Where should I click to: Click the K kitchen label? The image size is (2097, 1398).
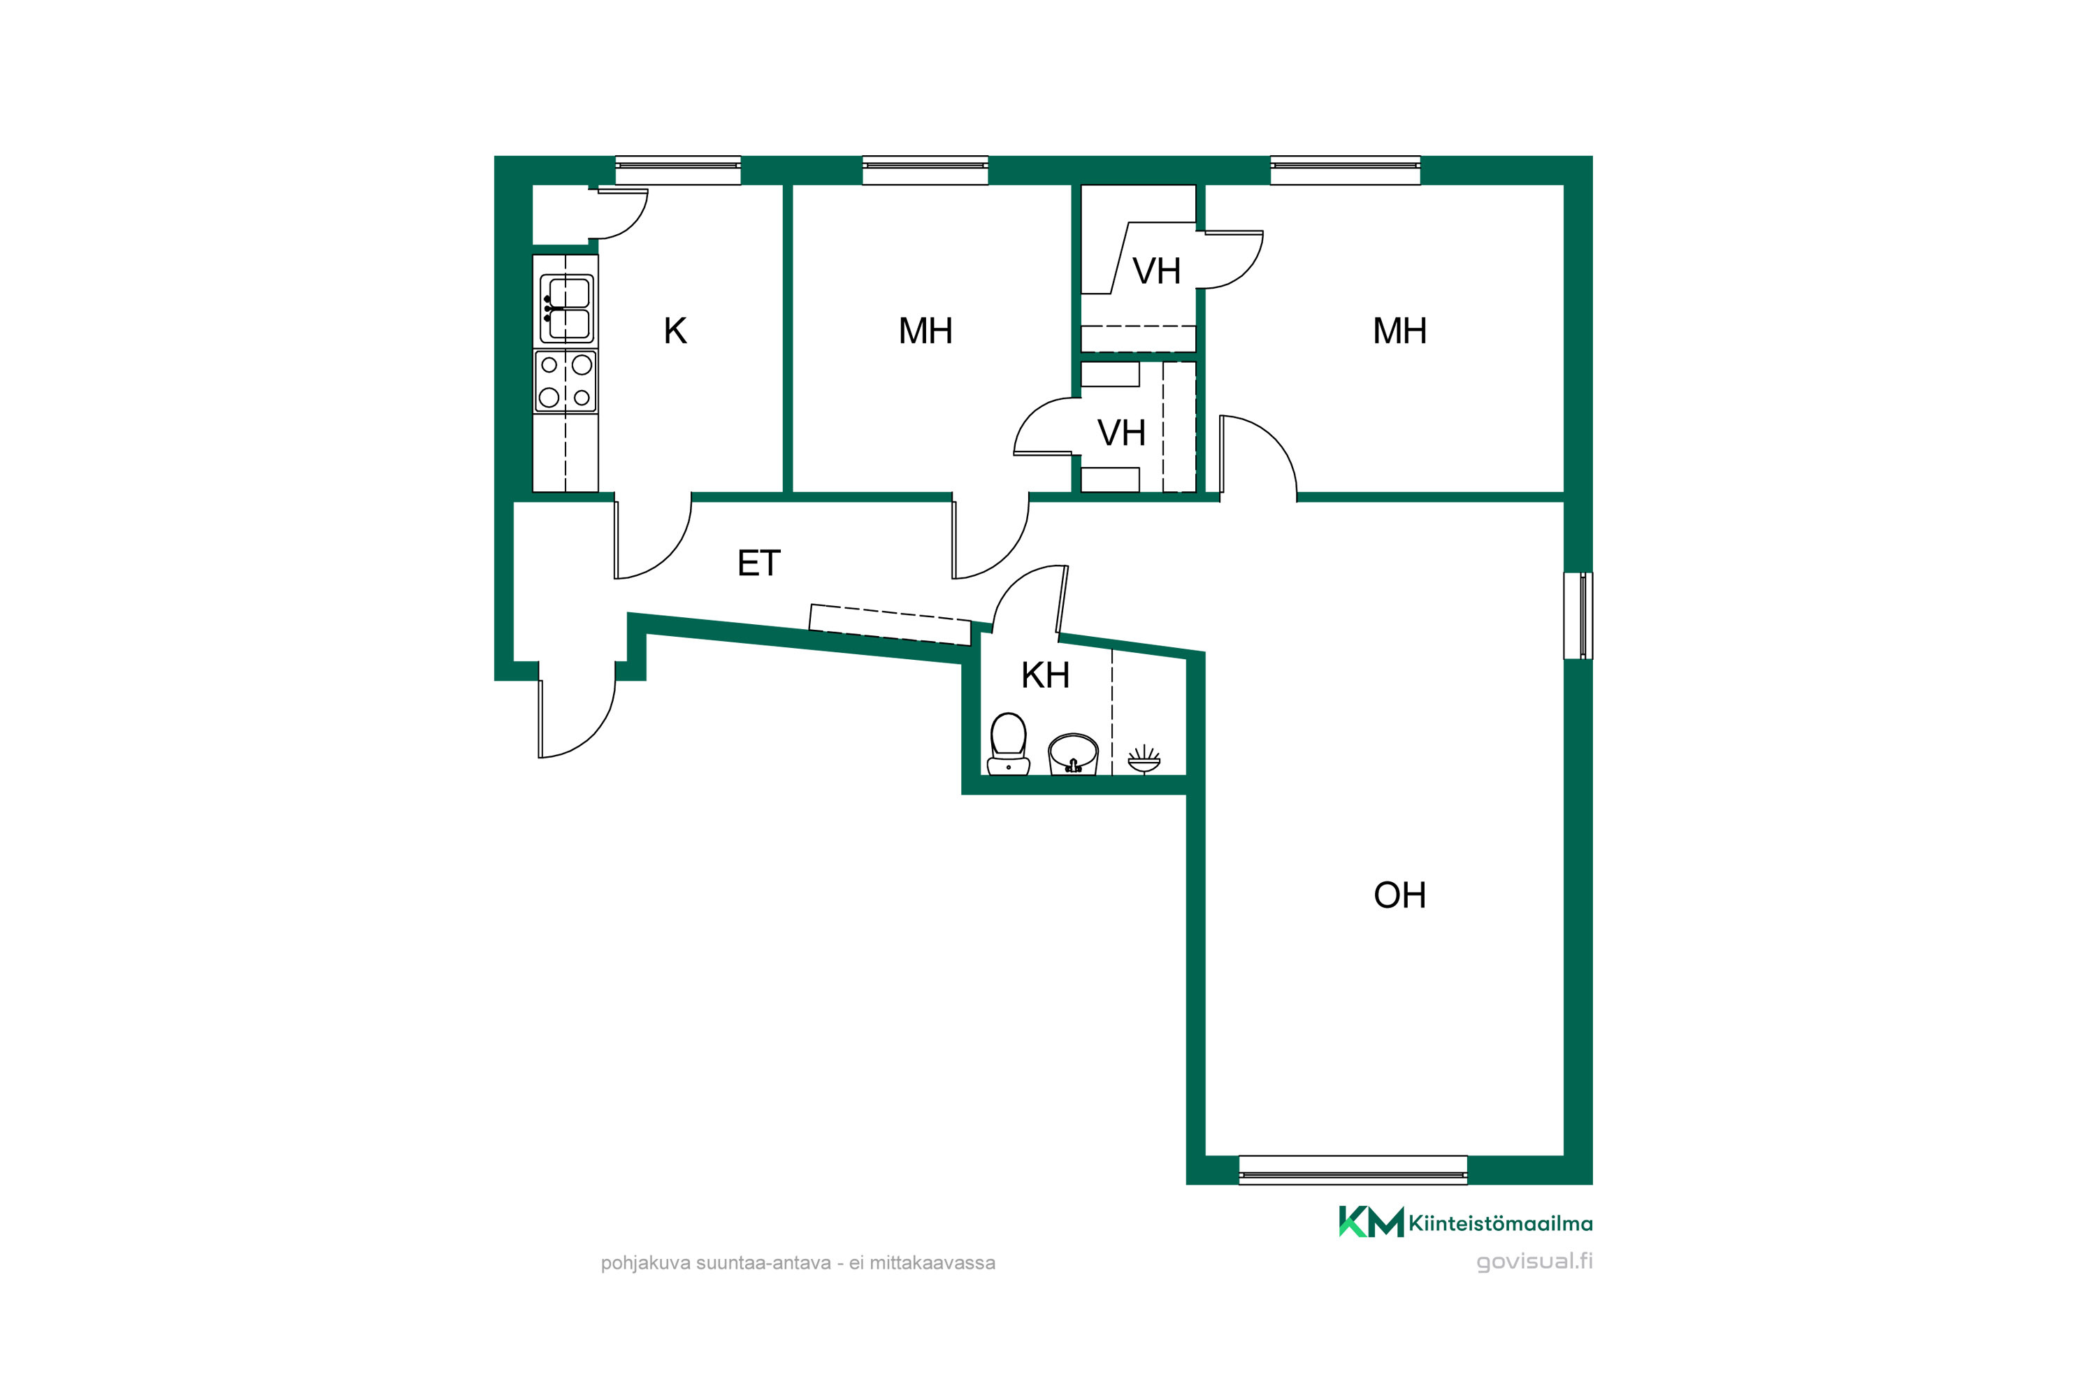675,331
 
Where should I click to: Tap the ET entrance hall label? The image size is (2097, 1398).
758,563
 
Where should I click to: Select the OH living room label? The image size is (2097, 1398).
1400,895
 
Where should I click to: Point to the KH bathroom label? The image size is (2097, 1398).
1045,676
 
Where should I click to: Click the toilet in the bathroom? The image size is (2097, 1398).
1009,744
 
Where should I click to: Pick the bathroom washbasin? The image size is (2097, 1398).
1072,754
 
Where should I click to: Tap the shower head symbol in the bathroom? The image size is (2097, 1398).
1144,760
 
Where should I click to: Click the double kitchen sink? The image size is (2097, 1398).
566,308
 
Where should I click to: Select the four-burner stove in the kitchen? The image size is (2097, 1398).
565,381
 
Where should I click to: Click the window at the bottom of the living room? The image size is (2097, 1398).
1353,1169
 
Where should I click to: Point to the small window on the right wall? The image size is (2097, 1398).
1578,615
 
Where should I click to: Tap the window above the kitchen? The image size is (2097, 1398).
677,171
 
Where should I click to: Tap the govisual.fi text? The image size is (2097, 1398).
1534,1262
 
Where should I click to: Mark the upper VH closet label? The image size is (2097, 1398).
1156,271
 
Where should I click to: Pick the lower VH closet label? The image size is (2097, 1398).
1122,433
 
